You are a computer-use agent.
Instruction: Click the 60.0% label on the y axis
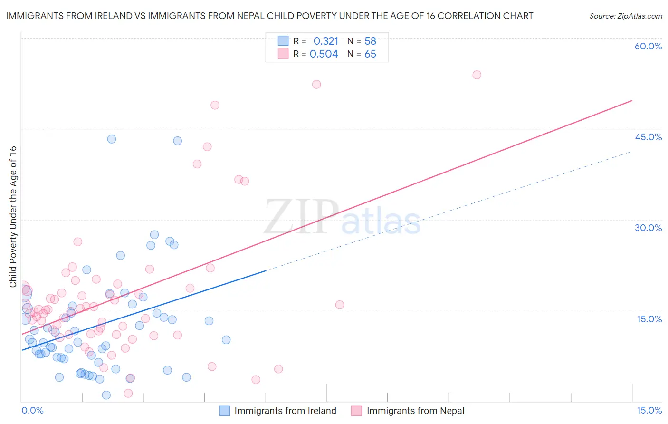tap(648, 46)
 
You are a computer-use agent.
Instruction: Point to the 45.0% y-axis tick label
tap(648, 137)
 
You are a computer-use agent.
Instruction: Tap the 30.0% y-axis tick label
tap(648, 228)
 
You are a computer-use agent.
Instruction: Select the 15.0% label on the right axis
tap(649, 319)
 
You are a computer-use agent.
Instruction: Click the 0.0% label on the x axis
tap(32, 410)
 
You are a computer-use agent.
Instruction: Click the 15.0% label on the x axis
tap(649, 410)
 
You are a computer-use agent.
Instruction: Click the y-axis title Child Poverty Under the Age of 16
tap(13, 216)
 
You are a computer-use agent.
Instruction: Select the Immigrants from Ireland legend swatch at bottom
tap(224, 411)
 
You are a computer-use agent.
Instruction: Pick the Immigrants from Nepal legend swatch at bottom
tap(356, 411)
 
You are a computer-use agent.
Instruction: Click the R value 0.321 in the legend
tap(326, 41)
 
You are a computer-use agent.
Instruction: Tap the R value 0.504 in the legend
tap(324, 54)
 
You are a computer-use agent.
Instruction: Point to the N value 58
tap(370, 41)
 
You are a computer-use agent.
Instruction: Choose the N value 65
tap(370, 54)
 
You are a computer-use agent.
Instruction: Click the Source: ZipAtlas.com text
tap(625, 16)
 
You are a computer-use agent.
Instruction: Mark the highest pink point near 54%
tap(477, 75)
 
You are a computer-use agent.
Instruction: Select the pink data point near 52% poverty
tap(316, 84)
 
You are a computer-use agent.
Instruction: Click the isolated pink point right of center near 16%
tap(340, 305)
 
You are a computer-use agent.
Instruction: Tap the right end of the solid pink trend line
tap(632, 100)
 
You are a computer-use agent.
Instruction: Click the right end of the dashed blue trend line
tap(631, 151)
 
